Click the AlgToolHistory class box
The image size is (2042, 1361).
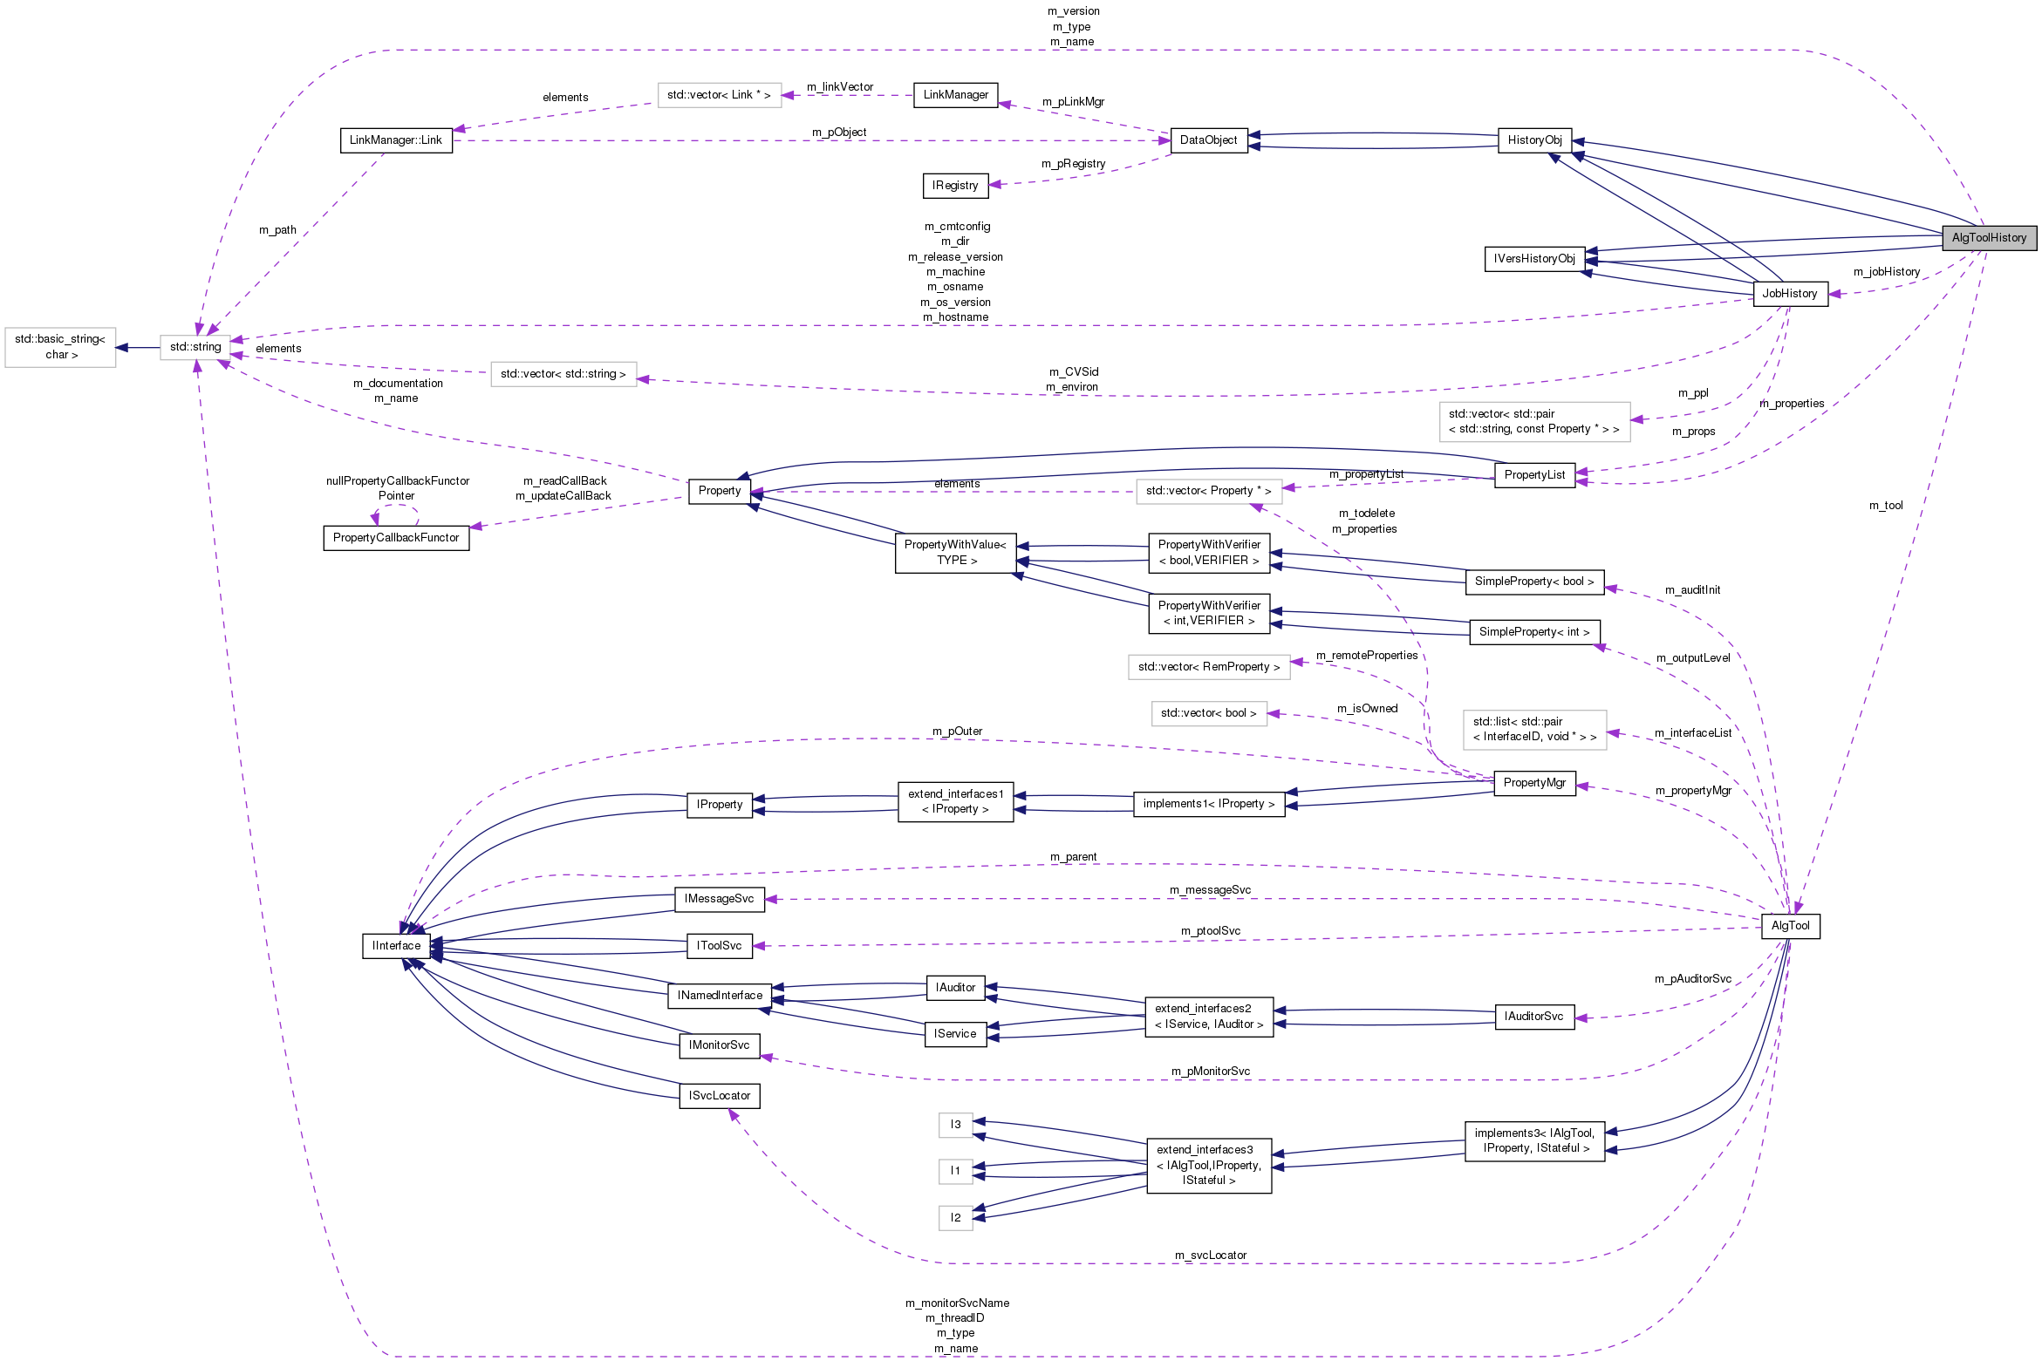coord(1988,237)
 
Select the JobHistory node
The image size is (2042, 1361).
coord(1789,293)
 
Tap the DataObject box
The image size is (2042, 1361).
coord(1208,140)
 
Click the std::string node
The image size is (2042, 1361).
coord(195,347)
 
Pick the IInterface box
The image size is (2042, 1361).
coord(396,945)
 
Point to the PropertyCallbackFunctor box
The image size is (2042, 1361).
coord(396,537)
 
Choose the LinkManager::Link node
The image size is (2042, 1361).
coord(396,140)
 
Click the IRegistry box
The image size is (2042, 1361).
coord(955,185)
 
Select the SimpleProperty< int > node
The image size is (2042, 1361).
coord(1534,631)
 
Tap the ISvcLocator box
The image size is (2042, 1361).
coord(719,1095)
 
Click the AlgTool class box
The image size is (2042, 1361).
coord(1790,925)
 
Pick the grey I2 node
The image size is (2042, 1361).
coord(955,1217)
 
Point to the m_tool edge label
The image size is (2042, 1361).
coord(1886,505)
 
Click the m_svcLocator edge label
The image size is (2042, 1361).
coord(1211,1255)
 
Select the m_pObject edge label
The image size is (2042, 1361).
coord(839,132)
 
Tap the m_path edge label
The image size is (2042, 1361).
coord(277,229)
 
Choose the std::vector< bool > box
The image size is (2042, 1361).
coord(1208,712)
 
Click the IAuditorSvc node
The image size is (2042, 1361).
coord(1534,1016)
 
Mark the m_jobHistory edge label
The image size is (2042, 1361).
coord(1887,271)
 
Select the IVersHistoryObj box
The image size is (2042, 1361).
coord(1534,258)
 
